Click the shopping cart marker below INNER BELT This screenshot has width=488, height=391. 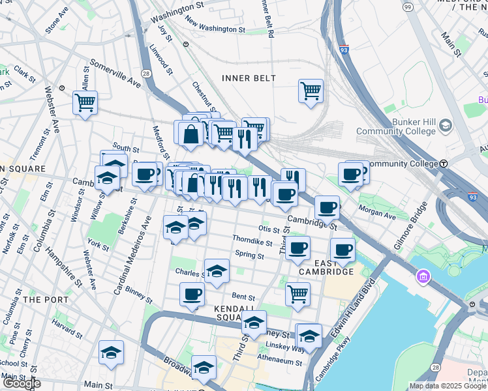[311, 91]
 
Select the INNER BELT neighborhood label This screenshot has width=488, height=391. [249, 78]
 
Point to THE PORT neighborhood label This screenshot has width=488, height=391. [41, 299]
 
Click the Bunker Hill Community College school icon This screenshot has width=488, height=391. [446, 125]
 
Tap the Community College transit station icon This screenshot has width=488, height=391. [444, 163]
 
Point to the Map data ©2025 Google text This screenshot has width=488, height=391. [447, 386]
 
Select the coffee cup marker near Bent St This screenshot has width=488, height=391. [191, 295]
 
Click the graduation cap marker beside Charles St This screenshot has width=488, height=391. [217, 270]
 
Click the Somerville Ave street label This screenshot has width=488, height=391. [115, 74]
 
